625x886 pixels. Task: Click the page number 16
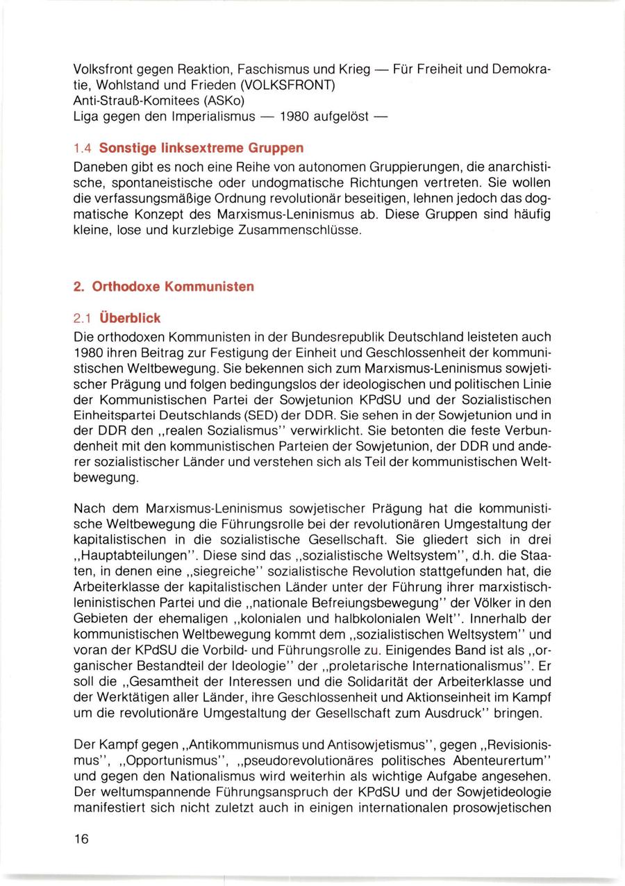tap(81, 839)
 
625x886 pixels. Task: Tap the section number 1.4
tap(83, 149)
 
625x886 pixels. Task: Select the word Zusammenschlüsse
tap(303, 228)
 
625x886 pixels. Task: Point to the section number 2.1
tap(83, 319)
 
